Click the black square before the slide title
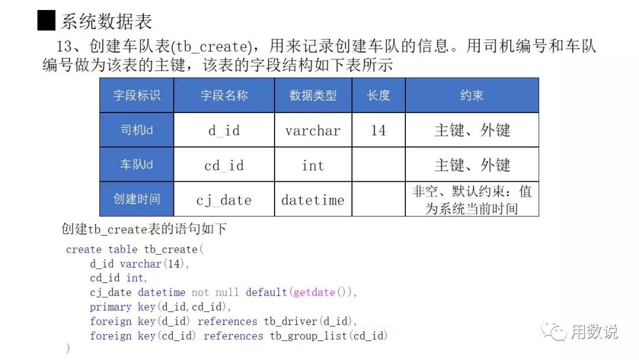point(46,21)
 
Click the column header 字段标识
point(137,95)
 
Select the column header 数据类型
point(313,95)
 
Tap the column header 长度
point(379,95)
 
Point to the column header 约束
point(472,95)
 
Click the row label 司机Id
point(137,130)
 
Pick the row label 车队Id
point(137,165)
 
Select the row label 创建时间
point(137,199)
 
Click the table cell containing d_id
point(224,130)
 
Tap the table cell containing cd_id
point(224,165)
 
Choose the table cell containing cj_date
point(224,200)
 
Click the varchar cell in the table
point(313,130)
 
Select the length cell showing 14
point(379,130)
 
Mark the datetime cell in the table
point(313,200)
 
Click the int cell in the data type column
point(313,165)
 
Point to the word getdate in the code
point(314,292)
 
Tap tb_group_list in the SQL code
point(309,336)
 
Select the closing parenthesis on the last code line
point(68,349)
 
